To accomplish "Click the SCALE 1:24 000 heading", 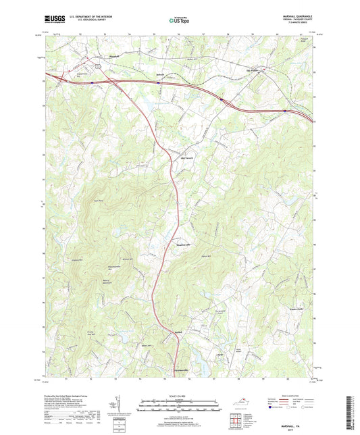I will tap(179, 395).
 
